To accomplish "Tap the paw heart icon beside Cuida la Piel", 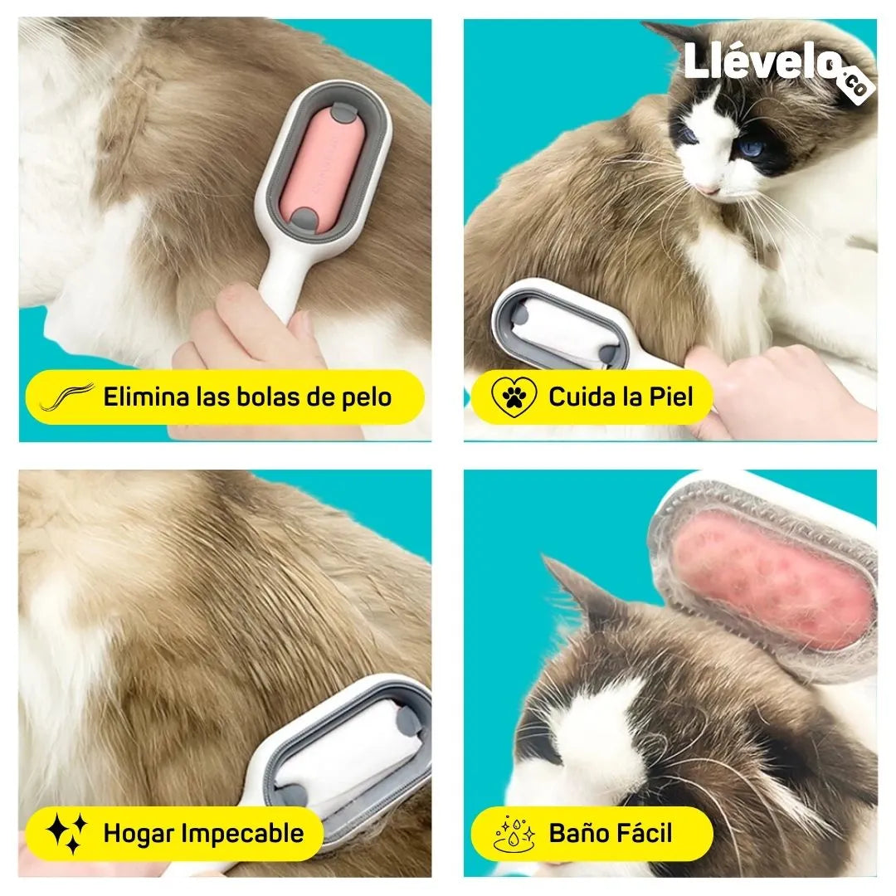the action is coord(514,397).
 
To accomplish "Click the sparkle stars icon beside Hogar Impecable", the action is coord(66,833).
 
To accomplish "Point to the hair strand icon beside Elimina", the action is coord(67,397).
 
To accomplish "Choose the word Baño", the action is coord(576,833).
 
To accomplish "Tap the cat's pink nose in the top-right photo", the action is coord(709,188).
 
